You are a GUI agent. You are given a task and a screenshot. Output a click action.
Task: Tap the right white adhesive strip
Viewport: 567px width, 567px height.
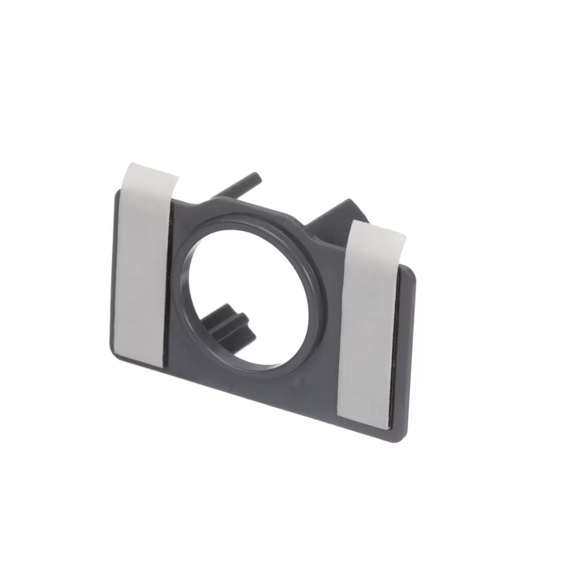[x=372, y=318]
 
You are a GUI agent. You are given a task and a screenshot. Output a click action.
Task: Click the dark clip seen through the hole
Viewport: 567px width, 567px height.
[x=227, y=321]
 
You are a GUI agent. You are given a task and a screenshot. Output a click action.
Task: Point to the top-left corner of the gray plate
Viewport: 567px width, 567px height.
[x=116, y=193]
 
